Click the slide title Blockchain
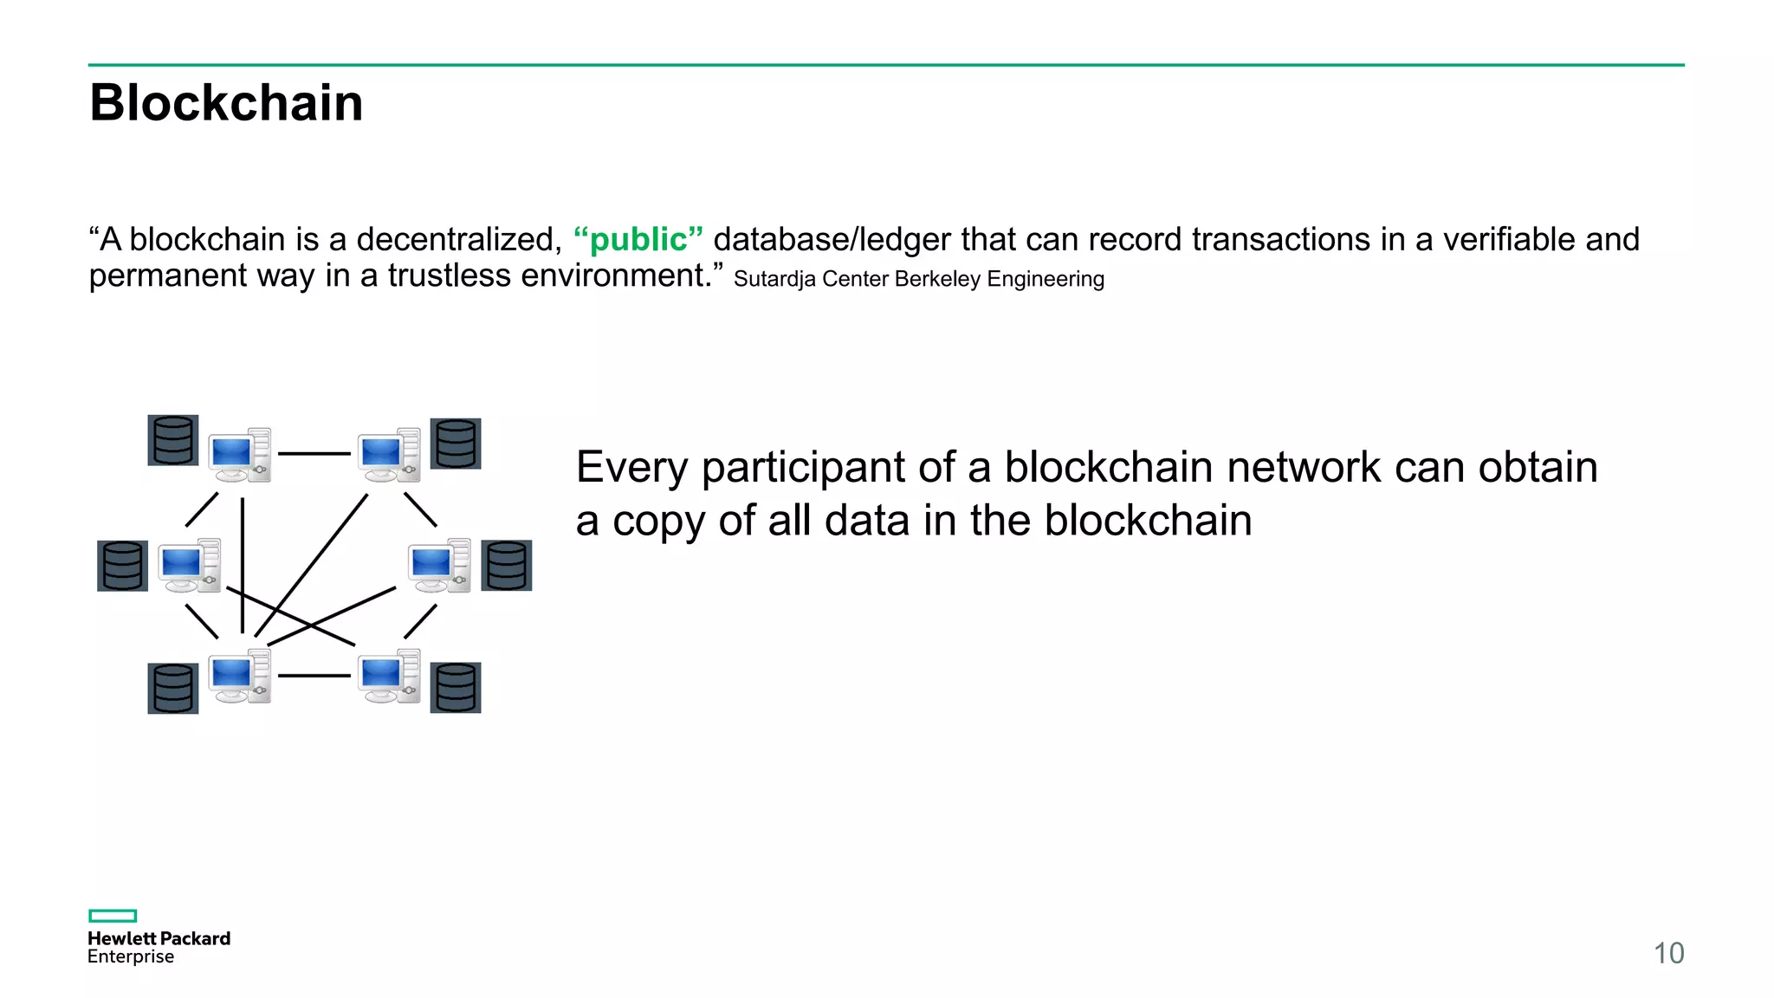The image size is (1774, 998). [226, 103]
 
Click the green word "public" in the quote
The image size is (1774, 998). [638, 240]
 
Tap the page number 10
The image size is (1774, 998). [1668, 953]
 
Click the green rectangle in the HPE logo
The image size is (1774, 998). [113, 916]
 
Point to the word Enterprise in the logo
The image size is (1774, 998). [131, 957]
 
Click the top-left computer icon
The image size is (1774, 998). [240, 455]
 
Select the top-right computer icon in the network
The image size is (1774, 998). [390, 455]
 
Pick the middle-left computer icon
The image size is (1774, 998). [190, 565]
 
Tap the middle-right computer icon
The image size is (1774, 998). [440, 565]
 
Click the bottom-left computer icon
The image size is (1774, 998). [240, 677]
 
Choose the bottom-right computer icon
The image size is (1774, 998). [390, 677]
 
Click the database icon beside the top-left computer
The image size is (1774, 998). [173, 440]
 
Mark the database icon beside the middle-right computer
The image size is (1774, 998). [507, 566]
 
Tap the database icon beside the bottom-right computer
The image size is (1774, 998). [456, 688]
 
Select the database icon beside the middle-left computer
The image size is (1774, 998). [122, 566]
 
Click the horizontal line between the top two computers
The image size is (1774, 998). [314, 453]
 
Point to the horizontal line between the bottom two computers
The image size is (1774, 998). [314, 676]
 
